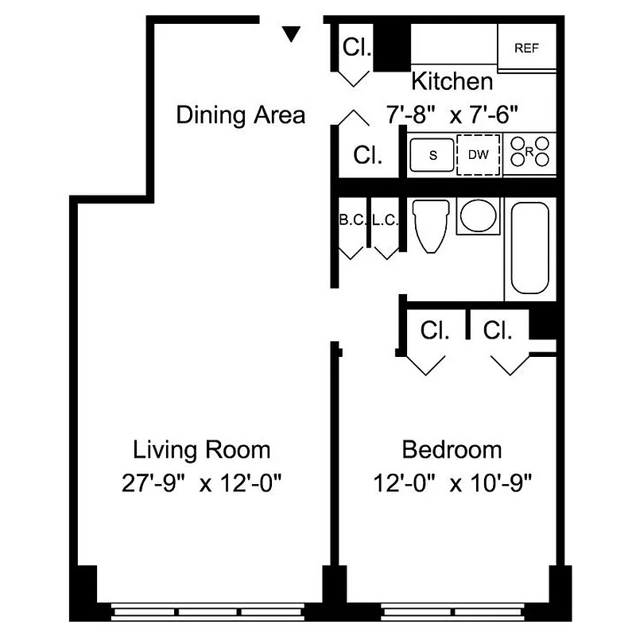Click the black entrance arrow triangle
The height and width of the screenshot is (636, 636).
coord(292,33)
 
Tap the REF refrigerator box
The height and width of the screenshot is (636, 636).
coord(526,48)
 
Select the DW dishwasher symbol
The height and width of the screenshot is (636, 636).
coord(479,155)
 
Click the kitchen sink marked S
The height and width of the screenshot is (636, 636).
coord(432,155)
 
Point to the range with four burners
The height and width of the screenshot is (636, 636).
coord(530,153)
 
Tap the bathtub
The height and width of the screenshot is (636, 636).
coord(529,248)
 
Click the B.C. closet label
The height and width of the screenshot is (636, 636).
coord(351,220)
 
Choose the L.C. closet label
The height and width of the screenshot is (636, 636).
coord(385,220)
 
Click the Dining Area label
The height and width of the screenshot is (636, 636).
coord(240,114)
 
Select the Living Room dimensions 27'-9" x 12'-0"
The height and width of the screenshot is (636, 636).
coord(201,483)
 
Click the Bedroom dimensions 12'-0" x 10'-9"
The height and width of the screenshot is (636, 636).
coord(452,483)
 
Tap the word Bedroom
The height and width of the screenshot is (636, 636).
coord(452,450)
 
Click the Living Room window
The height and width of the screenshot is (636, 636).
coord(207,612)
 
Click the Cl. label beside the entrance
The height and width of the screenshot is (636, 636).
coord(356,48)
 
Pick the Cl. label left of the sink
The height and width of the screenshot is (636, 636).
coord(367,155)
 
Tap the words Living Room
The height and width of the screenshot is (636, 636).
coord(201,450)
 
